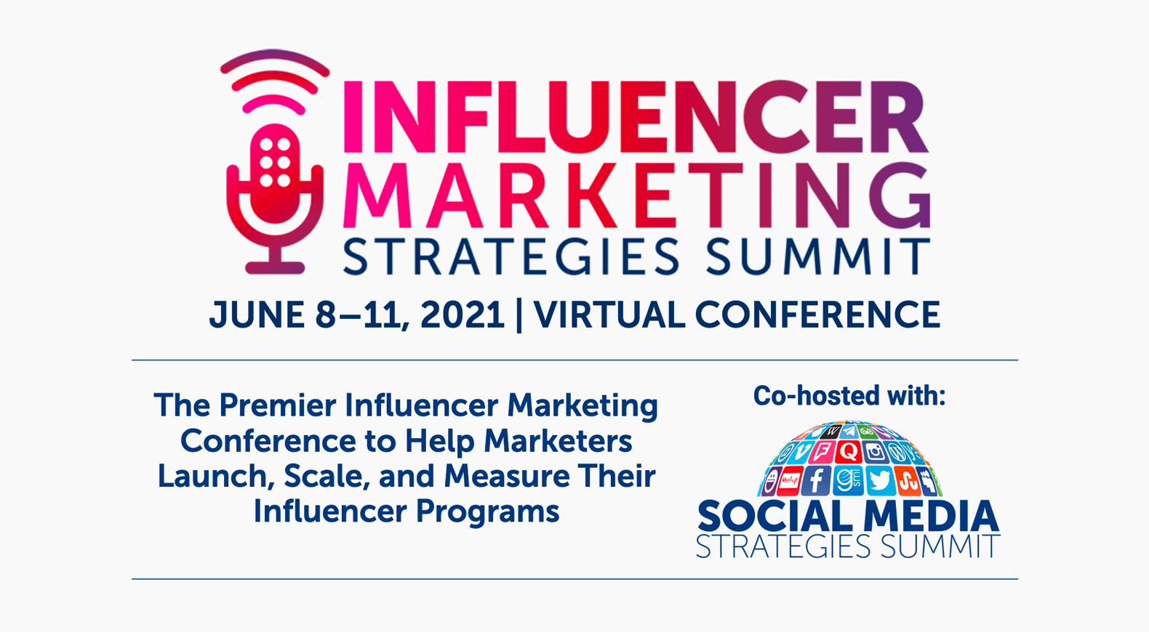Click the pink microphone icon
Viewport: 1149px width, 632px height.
[x=275, y=200]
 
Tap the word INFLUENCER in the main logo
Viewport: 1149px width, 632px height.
[x=636, y=117]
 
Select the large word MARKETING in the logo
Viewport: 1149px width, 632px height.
[x=636, y=195]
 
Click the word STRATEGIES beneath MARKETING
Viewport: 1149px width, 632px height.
[x=511, y=256]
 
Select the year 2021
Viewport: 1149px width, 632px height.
[x=463, y=315]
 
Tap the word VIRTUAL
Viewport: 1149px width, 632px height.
[x=609, y=315]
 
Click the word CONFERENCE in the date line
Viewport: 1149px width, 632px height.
[x=817, y=315]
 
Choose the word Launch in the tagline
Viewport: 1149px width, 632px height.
[x=212, y=476]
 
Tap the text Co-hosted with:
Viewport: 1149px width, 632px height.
[x=849, y=396]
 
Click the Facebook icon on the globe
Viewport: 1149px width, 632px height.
[x=816, y=481]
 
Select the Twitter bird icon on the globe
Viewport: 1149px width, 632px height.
[x=880, y=481]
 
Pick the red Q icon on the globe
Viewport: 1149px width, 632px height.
[x=849, y=452]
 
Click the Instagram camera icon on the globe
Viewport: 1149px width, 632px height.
[x=875, y=452]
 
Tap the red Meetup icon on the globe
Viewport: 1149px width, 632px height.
[x=789, y=481]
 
